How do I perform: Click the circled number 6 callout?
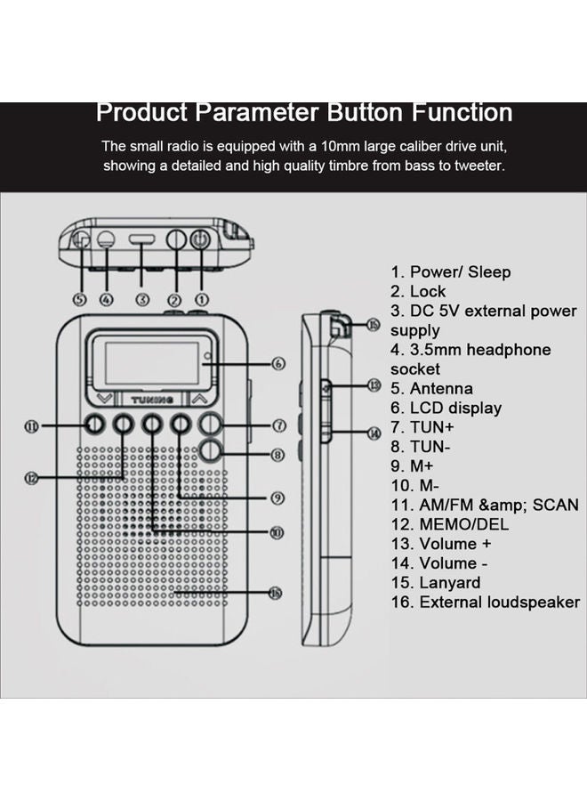(278, 363)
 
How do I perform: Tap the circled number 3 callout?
(141, 300)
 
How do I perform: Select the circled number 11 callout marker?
(31, 426)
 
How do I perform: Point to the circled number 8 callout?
(278, 455)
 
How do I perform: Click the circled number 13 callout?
(374, 385)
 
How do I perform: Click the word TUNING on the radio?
(149, 400)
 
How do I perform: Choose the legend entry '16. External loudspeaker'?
(486, 603)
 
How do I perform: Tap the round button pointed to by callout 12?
(123, 425)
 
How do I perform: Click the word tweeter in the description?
(481, 166)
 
